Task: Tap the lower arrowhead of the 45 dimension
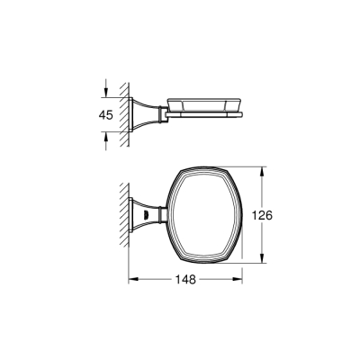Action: pos(109,131)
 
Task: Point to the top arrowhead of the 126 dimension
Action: pos(263,168)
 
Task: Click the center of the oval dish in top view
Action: pos(206,215)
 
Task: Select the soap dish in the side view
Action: pos(205,108)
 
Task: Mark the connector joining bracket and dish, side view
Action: pos(160,112)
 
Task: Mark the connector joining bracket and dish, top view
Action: pos(160,215)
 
